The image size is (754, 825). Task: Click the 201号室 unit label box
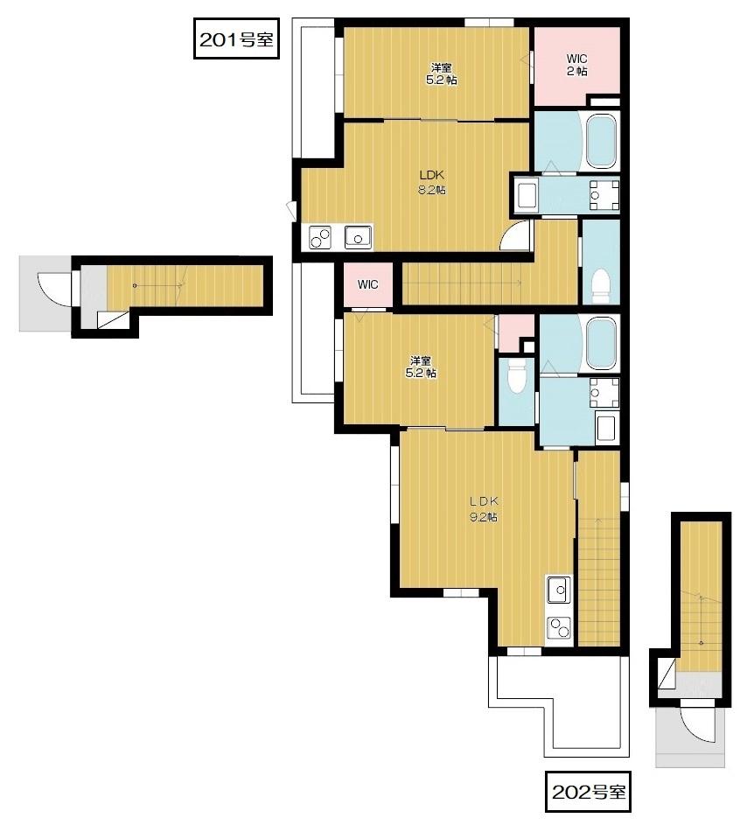click(x=236, y=38)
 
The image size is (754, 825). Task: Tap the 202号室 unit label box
click(x=589, y=792)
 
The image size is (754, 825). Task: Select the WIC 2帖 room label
click(x=576, y=65)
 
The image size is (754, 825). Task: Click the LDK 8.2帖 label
click(x=432, y=182)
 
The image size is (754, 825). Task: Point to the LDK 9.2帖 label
click(x=484, y=509)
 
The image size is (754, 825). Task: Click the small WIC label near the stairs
click(x=367, y=284)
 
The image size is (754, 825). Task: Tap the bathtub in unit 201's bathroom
click(x=600, y=141)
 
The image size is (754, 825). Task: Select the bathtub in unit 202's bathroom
click(x=602, y=344)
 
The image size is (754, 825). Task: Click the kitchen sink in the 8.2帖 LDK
click(x=359, y=237)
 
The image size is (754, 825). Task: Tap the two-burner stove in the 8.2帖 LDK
click(x=320, y=237)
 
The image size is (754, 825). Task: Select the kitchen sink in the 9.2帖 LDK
click(x=559, y=590)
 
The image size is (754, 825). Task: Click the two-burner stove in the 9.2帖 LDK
click(x=559, y=627)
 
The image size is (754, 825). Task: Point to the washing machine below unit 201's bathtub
click(x=604, y=195)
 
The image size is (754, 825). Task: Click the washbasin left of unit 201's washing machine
click(x=527, y=196)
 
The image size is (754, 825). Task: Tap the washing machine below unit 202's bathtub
click(x=604, y=393)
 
